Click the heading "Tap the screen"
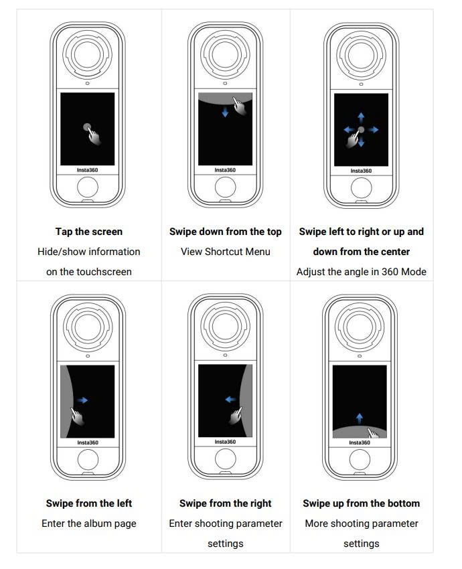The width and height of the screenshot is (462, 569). coord(89,232)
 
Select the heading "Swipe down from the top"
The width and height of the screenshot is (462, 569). coord(226,232)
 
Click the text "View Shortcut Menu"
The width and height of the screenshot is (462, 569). coord(226,252)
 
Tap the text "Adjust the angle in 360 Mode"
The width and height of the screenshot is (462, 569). coord(362,271)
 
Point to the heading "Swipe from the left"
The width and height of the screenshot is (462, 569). coord(89,503)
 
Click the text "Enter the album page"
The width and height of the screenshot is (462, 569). coord(89,523)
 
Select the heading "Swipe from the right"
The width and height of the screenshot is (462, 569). coord(226,503)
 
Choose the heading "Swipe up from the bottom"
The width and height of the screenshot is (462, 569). coord(362,503)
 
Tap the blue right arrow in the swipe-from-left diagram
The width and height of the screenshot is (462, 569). coord(82,400)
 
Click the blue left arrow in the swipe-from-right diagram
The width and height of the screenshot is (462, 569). coord(231,400)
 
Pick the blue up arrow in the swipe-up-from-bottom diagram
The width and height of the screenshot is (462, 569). coord(360,418)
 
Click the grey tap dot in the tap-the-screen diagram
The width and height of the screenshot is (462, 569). coord(87,127)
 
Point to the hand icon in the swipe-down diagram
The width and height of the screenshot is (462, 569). coord(240,106)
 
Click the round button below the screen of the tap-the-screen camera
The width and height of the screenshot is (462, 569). coord(88,187)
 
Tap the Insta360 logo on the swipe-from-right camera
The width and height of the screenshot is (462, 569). coord(225,442)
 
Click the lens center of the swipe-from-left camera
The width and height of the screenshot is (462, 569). coord(88,327)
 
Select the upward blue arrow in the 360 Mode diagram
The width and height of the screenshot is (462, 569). coord(361,118)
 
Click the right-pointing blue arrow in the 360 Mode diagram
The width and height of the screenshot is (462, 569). coord(373,130)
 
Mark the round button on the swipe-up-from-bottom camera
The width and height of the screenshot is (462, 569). coord(360,459)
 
